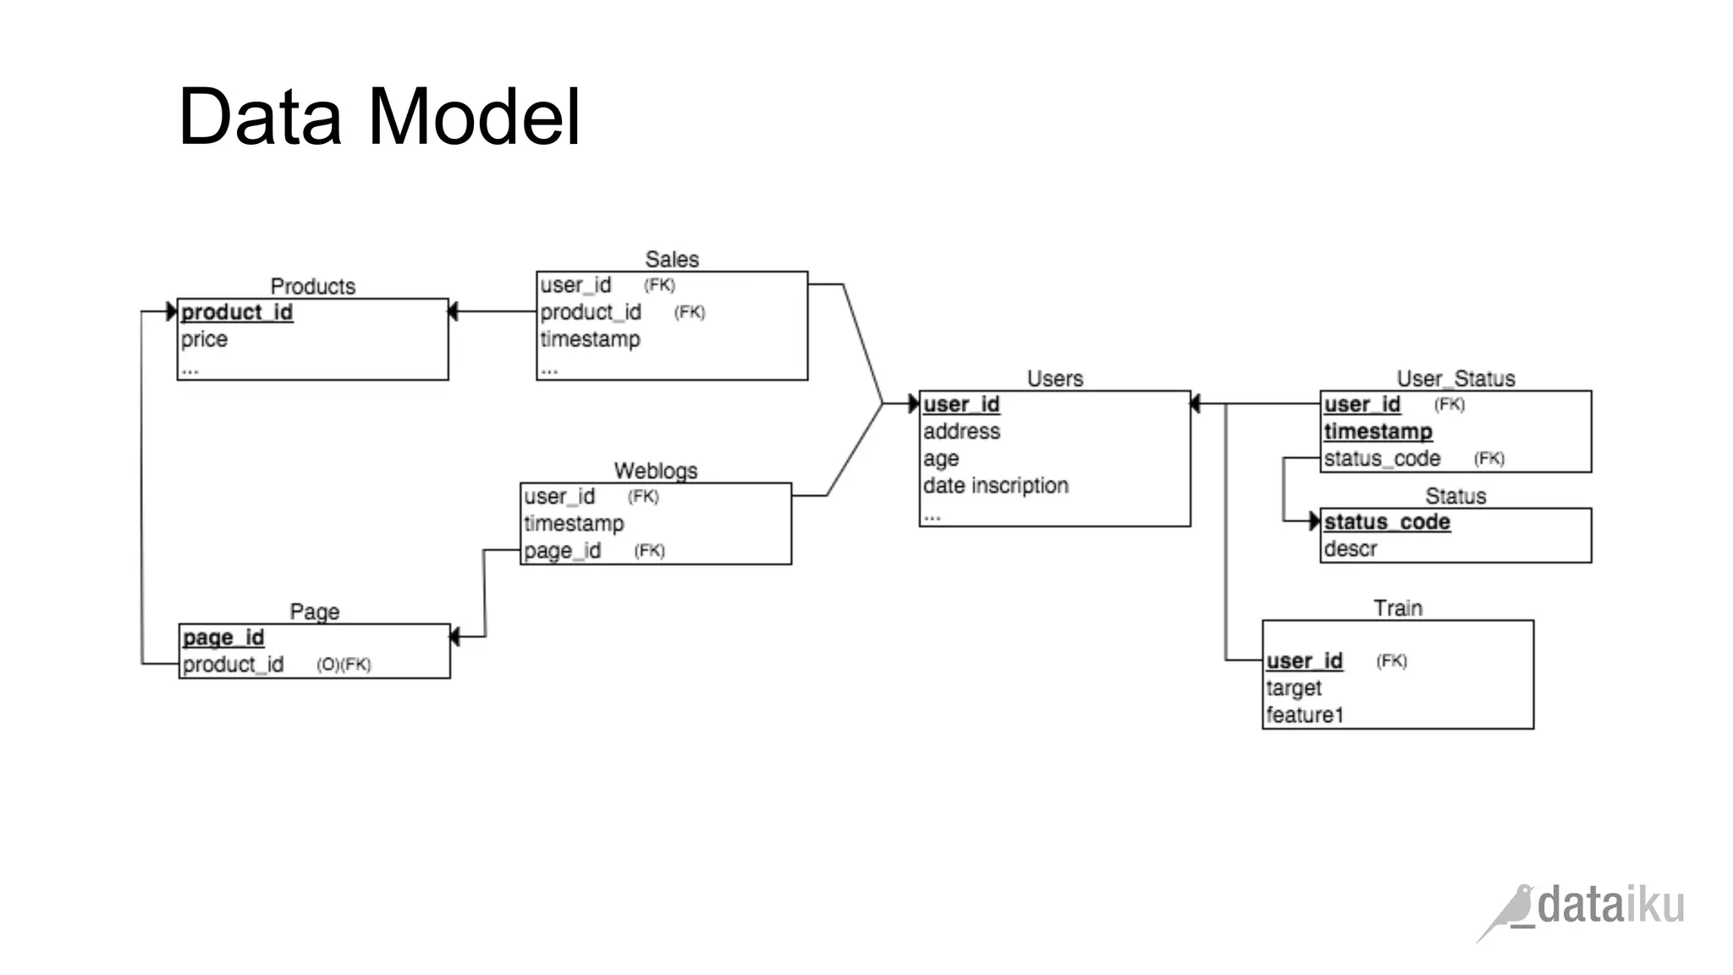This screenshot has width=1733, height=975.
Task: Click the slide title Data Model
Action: coord(379,117)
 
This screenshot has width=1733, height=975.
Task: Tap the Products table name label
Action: coord(312,286)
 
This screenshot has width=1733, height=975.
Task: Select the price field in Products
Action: coord(204,339)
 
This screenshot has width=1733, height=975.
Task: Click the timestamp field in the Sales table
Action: coord(590,339)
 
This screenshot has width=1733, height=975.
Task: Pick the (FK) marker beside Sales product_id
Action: coord(689,312)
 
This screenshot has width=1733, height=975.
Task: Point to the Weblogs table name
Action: coord(655,471)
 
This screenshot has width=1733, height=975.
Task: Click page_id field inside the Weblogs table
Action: coord(562,551)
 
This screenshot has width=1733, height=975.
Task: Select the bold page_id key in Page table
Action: coord(223,637)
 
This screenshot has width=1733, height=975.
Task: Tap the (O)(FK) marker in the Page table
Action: coord(344,664)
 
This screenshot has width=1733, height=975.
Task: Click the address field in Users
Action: coord(961,432)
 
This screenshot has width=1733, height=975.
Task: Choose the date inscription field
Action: coord(995,486)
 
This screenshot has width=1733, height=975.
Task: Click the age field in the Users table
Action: coord(941,459)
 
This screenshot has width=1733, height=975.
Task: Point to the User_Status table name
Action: coord(1455,378)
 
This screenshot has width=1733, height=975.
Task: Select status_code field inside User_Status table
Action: coord(1382,459)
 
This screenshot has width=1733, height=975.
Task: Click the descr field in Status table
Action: coord(1350,549)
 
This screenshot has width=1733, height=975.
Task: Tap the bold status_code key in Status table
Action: coord(1387,522)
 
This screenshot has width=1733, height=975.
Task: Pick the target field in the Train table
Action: coord(1293,688)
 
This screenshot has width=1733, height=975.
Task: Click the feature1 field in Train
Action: coord(1304,715)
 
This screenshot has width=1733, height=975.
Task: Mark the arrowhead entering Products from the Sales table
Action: coord(453,311)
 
